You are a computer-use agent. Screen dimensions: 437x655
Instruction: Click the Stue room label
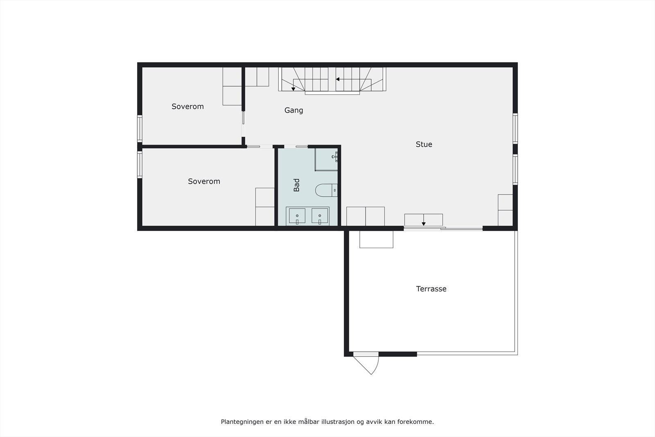click(424, 144)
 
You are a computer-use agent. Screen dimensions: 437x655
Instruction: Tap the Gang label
click(294, 110)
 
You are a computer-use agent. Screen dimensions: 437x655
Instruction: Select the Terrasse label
click(431, 289)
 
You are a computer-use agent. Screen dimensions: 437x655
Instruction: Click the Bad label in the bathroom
click(296, 185)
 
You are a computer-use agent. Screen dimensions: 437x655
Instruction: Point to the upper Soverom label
click(187, 106)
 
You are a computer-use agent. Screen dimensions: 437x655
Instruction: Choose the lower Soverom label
click(204, 181)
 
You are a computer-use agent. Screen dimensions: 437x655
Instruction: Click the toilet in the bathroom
click(325, 190)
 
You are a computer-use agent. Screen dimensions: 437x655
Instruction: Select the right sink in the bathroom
click(319, 216)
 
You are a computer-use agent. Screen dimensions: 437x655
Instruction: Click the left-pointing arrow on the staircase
click(338, 79)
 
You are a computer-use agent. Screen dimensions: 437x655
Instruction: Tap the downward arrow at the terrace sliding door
click(424, 223)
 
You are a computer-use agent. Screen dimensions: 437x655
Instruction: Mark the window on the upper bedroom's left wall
click(140, 129)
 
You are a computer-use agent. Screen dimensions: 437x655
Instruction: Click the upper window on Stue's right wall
click(515, 128)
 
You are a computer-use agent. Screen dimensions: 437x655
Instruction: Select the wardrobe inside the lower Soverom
click(264, 207)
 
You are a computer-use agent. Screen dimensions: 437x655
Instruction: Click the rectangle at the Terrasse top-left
click(376, 239)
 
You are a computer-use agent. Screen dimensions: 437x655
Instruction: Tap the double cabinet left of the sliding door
click(365, 216)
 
